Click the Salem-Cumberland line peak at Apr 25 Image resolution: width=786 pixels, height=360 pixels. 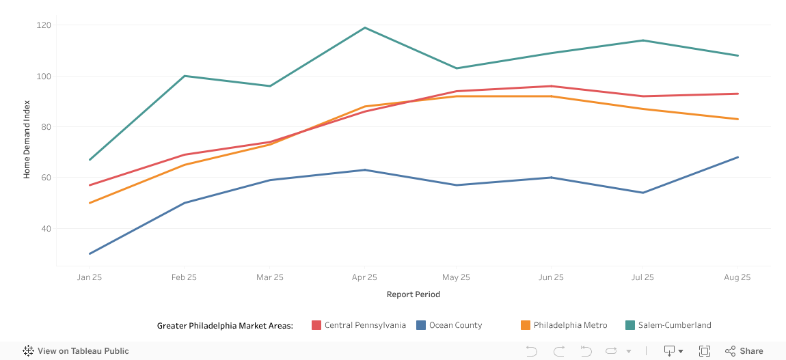coord(365,28)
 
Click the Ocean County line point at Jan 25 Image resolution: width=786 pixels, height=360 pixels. coord(90,253)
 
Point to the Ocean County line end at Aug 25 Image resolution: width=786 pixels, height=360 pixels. coord(737,157)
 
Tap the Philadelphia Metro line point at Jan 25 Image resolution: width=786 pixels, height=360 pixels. coord(90,203)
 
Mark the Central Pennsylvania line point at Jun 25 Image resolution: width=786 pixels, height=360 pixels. coord(551,86)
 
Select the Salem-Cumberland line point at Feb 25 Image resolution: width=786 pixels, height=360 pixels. coord(185,76)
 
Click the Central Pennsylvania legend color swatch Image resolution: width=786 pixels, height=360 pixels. coord(316,325)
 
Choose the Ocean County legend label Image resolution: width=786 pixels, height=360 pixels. coord(455,325)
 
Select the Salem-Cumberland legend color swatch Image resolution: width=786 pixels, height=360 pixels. coord(630,325)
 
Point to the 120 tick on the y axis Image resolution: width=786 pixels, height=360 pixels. coord(44,25)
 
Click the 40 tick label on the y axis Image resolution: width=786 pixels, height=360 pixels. coord(46,228)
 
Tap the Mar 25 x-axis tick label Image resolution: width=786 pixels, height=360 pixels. coord(269,277)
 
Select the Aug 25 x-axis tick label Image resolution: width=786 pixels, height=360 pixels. coord(737,277)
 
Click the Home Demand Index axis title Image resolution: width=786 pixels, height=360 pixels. coord(27,139)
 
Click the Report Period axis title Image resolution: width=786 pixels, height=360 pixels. coord(414,294)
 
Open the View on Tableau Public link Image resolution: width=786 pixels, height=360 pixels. coord(76,351)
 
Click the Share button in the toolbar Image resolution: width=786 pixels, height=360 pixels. coord(744,351)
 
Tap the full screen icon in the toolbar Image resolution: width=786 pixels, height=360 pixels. coord(705,351)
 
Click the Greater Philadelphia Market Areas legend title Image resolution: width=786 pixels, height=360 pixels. coord(225,325)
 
